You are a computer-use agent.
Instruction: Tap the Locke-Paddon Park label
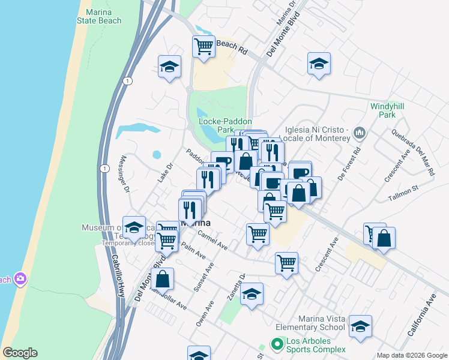tap(216, 125)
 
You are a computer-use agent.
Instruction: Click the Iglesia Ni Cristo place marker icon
tap(360, 132)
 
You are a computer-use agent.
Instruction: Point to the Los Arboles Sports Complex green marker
tap(277, 345)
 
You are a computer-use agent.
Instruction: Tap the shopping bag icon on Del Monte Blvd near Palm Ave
tap(162, 278)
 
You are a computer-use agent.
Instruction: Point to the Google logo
tap(20, 353)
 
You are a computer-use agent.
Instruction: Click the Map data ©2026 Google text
tap(412, 355)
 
